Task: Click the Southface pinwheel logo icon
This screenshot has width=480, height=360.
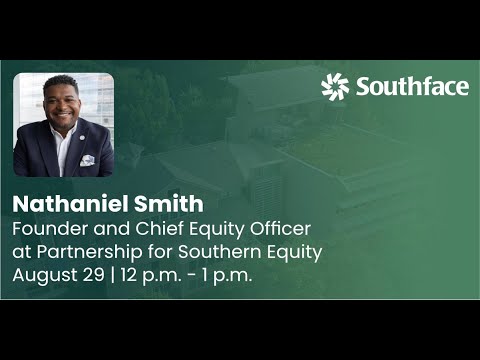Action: tap(335, 87)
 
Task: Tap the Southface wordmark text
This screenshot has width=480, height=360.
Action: tap(411, 87)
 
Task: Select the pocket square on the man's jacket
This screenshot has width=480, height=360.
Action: tap(87, 158)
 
